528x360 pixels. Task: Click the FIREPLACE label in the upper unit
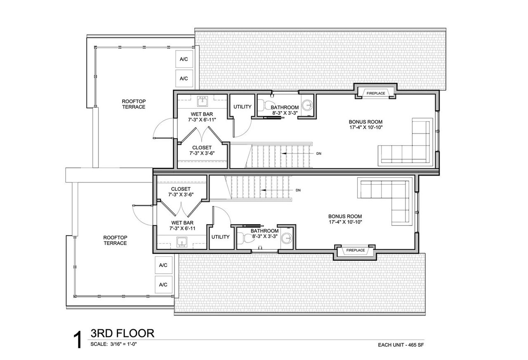pos(376,93)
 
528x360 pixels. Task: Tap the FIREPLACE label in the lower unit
pos(356,250)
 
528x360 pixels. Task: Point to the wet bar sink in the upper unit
pos(202,102)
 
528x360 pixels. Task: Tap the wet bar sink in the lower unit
pos(182,242)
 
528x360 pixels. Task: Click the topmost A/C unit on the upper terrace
pos(184,59)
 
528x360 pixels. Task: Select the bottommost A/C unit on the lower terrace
pos(163,285)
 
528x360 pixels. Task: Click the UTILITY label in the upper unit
pos(242,107)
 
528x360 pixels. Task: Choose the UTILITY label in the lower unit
pos(220,237)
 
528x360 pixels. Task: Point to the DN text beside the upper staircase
pos(319,154)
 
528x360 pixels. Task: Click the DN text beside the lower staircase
pos(298,190)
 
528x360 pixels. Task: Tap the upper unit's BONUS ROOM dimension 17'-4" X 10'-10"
pos(365,128)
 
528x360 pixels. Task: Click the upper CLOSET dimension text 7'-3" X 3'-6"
pos(202,153)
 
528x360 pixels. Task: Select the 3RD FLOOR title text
pos(123,333)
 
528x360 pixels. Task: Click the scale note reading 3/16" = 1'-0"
pos(123,344)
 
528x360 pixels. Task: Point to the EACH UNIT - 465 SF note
pos(401,345)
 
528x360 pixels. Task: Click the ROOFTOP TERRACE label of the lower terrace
pos(115,240)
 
